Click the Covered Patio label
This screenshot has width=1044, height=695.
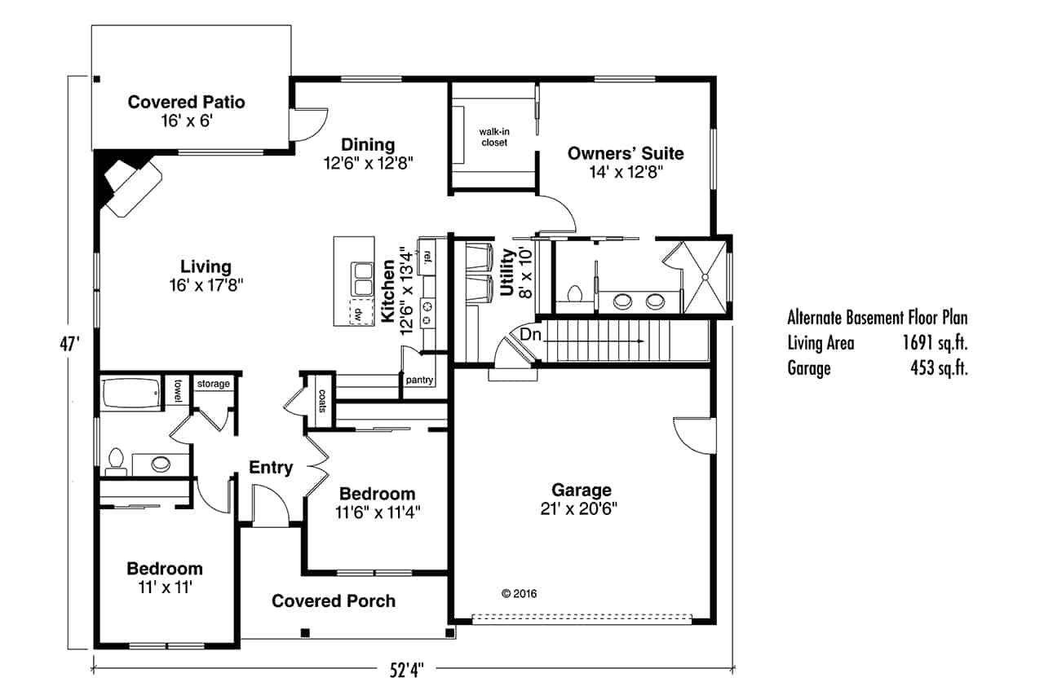click(x=186, y=103)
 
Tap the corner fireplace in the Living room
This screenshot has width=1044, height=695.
click(x=126, y=187)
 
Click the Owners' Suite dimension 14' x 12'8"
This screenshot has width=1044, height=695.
click(x=626, y=172)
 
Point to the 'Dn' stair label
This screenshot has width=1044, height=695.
click(x=530, y=334)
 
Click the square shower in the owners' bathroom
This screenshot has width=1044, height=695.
click(x=702, y=276)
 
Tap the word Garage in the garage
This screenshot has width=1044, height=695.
click(x=581, y=490)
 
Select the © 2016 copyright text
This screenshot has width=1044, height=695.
click(x=519, y=594)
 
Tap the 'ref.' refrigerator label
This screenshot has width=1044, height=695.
click(x=426, y=255)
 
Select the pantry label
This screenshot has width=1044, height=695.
click(x=419, y=380)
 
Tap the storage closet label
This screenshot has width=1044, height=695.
click(x=214, y=384)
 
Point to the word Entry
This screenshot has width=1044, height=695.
click(x=271, y=468)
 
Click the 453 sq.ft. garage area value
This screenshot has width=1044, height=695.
click(x=938, y=368)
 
